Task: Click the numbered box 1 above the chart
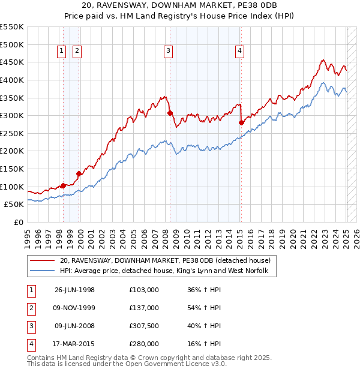point(62,52)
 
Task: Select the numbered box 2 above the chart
point(77,52)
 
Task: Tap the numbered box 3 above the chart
point(169,52)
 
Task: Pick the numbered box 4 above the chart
point(239,52)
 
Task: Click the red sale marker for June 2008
point(170,113)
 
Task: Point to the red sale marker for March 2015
point(241,122)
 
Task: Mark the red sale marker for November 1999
point(79,173)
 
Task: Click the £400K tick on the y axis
point(13,80)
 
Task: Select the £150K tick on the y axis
point(13,169)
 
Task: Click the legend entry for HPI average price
point(168,272)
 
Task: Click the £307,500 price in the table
point(144,326)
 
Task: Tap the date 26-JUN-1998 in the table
point(74,290)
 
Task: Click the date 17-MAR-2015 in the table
point(74,344)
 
